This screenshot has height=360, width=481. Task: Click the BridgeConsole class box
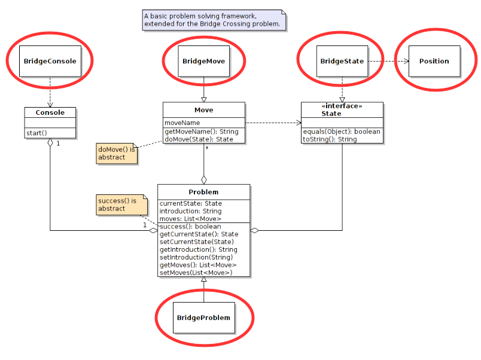coord(50,61)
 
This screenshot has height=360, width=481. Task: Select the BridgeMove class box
coord(203,61)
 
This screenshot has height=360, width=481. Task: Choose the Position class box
coord(434,61)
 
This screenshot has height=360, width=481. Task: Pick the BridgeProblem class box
coord(203,317)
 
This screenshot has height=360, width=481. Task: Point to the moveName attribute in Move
coord(182,123)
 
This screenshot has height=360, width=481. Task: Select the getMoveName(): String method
coord(201,132)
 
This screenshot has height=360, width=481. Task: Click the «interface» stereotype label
coord(342,106)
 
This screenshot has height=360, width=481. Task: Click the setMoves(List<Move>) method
coord(196,273)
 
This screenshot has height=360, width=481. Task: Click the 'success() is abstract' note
coord(117,205)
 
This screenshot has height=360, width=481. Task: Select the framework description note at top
coord(212,20)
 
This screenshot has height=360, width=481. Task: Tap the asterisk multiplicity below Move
coord(207,147)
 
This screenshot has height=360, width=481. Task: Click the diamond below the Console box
coord(50,143)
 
